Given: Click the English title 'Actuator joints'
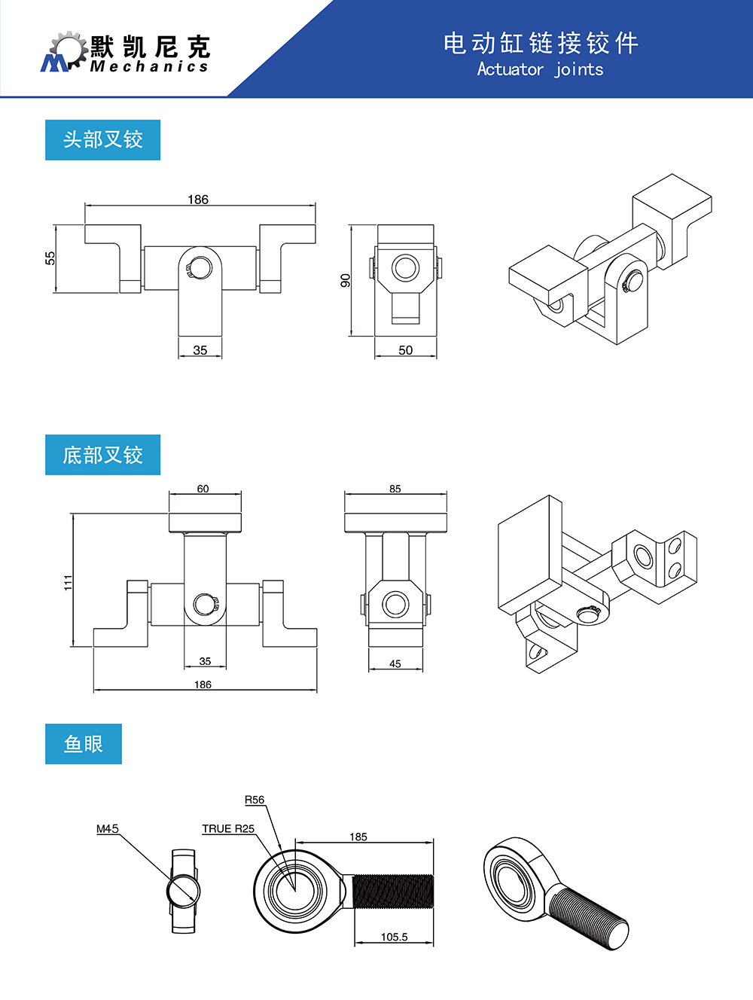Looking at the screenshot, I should click(540, 69).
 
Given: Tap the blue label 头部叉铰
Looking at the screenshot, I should click(102, 139).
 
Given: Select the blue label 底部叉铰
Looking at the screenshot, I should click(102, 455).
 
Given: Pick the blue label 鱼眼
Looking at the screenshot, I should click(83, 744).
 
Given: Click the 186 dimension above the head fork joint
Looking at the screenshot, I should click(198, 200).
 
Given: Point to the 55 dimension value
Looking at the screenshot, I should click(50, 258).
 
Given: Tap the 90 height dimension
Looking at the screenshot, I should click(346, 280).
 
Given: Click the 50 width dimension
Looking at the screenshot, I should click(405, 350).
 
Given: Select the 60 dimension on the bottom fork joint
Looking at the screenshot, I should click(203, 489).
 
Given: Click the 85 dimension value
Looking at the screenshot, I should click(395, 489).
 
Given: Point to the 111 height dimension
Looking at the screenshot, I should click(68, 581).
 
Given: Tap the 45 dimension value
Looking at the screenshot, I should click(395, 664).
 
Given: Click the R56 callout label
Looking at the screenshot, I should click(255, 800).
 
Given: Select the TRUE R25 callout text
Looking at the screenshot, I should click(228, 828).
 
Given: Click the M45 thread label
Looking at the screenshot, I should click(108, 828).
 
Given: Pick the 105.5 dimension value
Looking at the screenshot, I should click(394, 937).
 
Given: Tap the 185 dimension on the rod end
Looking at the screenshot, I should click(358, 837).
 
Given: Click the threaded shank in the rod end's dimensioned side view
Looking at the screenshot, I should click(393, 892).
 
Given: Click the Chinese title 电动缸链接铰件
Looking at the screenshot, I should click(540, 43).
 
